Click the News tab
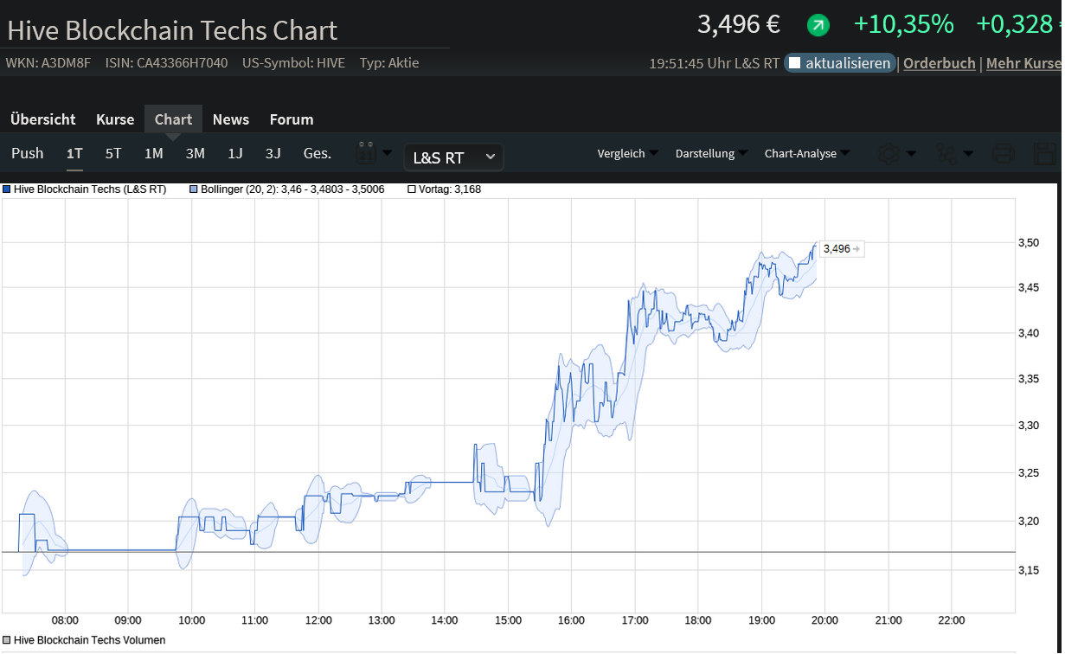tap(230, 119)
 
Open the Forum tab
tap(292, 119)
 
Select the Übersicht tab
tap(43, 119)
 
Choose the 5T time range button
tap(113, 154)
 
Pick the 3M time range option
tap(195, 154)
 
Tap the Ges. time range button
tap(317, 154)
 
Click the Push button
tap(27, 154)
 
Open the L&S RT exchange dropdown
tap(453, 157)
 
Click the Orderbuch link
tap(939, 63)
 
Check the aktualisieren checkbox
tap(794, 63)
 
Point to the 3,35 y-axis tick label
tap(1028, 379)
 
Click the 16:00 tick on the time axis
tap(571, 620)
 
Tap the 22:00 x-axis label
tap(951, 620)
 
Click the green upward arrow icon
tap(818, 26)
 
